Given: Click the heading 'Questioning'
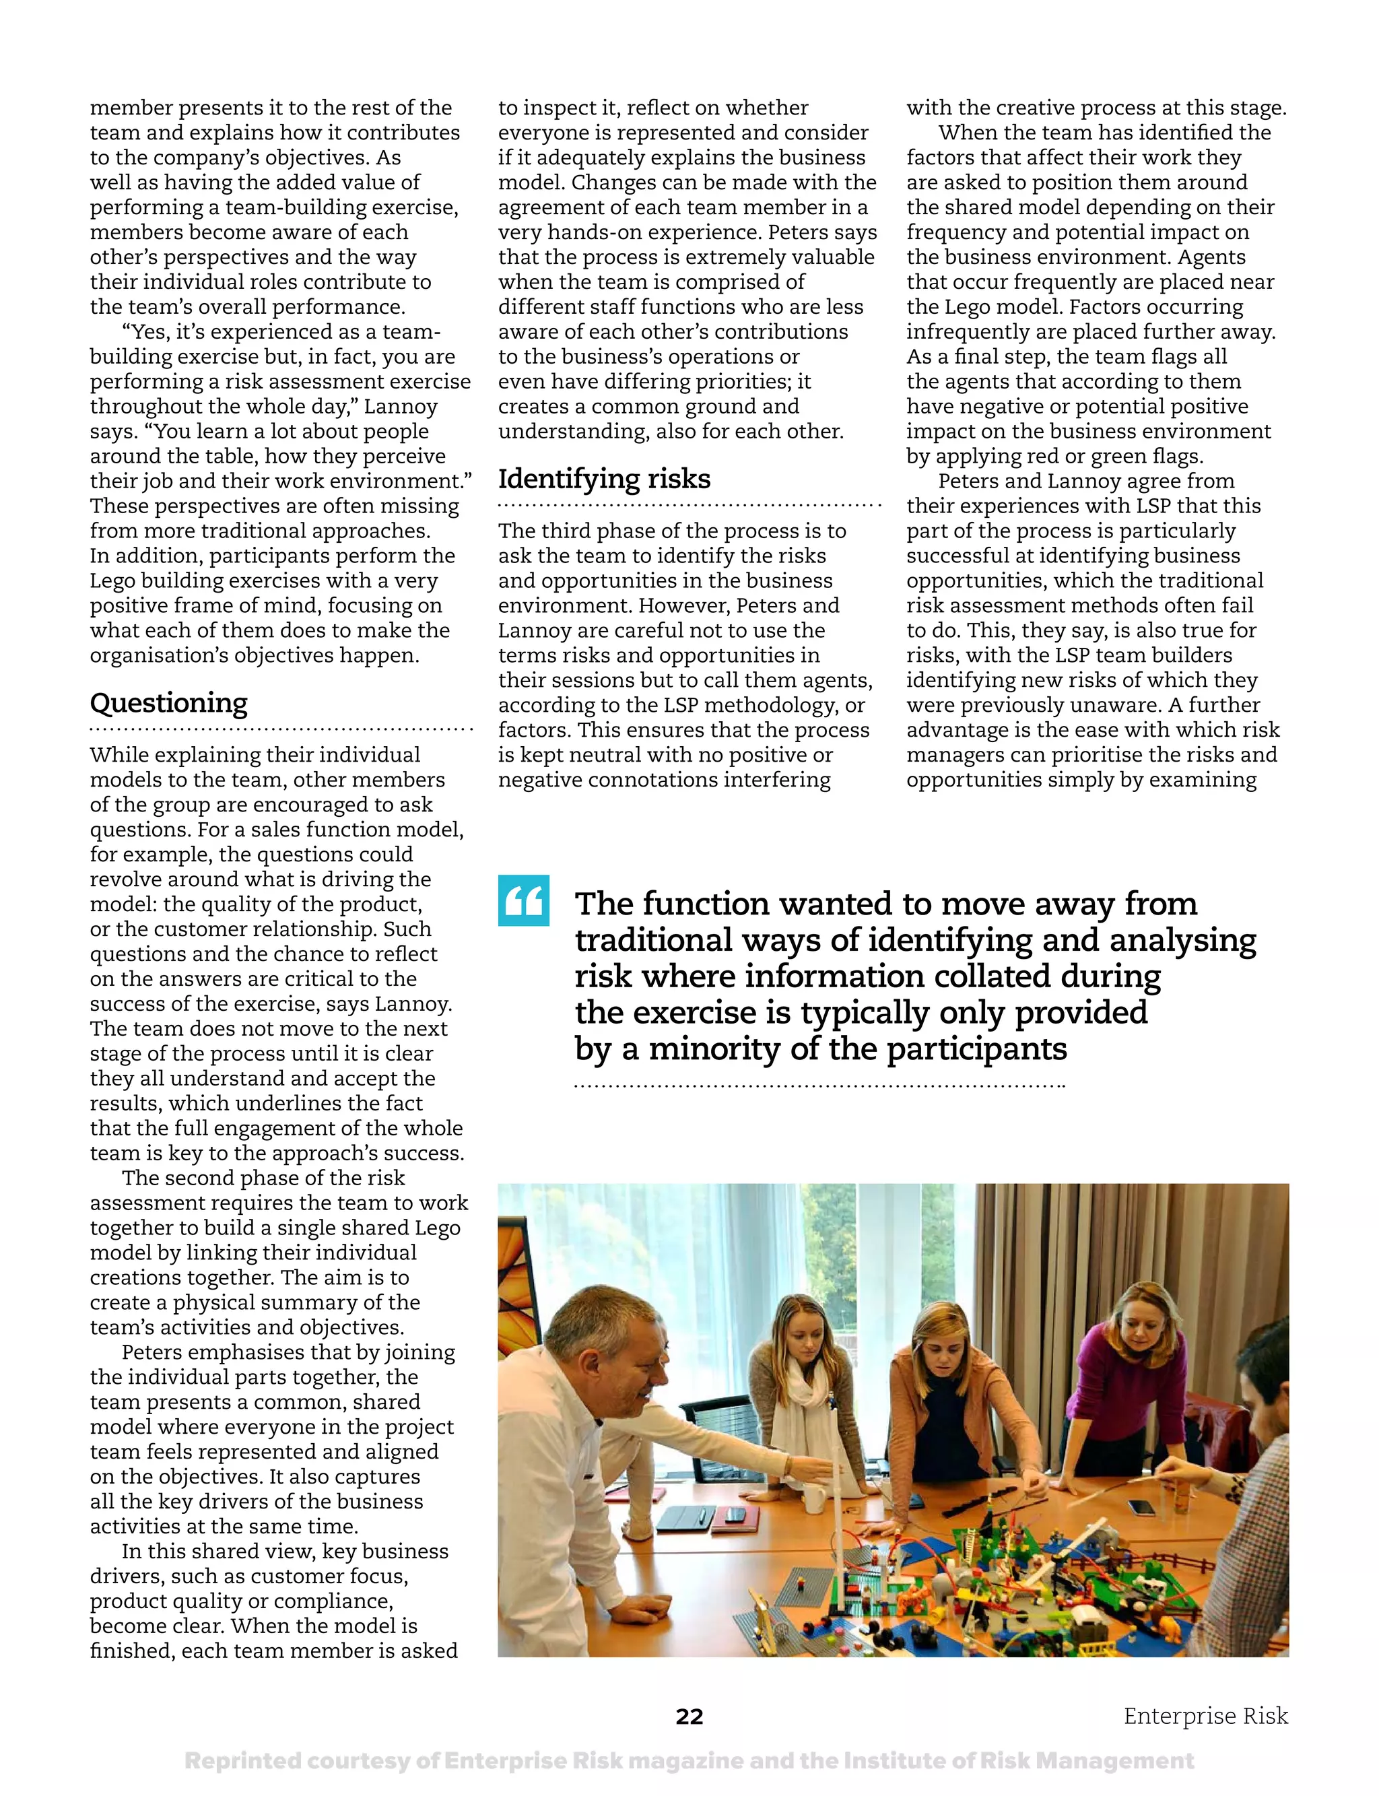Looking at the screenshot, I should (168, 704).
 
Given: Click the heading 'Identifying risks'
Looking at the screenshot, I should (604, 479).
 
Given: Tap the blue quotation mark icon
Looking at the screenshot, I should (523, 901).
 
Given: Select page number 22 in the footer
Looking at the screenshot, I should (689, 1717).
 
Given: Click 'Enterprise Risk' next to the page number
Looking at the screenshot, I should (1205, 1716).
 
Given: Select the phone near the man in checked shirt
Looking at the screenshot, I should (1141, 1508).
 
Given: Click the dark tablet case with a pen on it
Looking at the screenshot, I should (686, 1519).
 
